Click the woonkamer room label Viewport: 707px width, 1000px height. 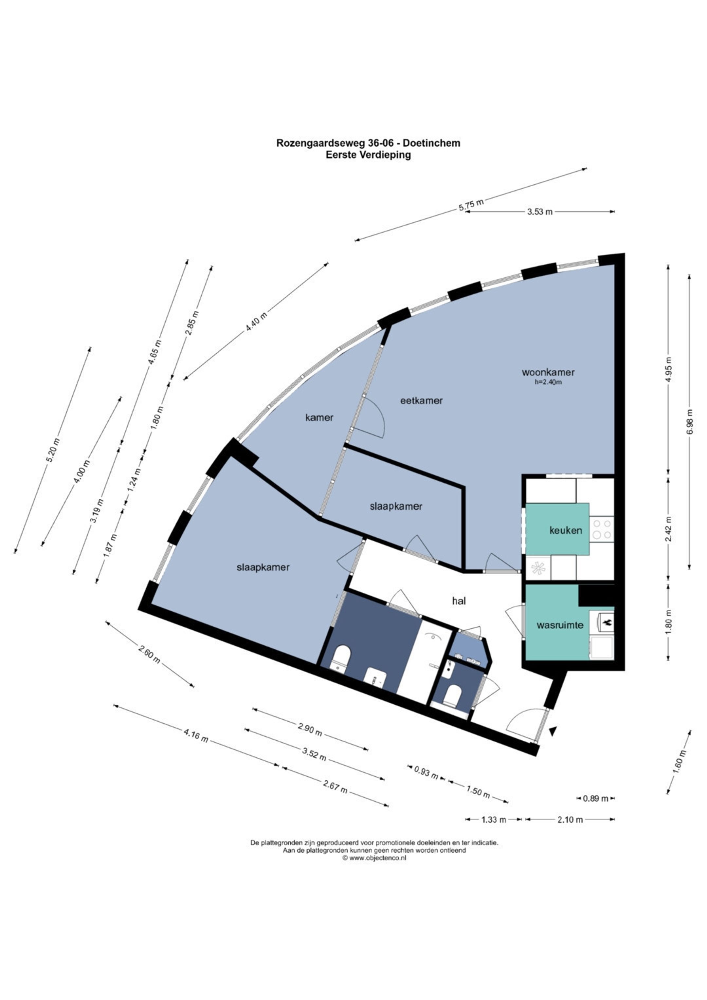pos(548,372)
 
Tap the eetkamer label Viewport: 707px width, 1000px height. pos(421,400)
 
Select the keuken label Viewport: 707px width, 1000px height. pos(566,530)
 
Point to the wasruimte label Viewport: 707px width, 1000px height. pos(560,625)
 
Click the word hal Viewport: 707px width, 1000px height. pos(459,601)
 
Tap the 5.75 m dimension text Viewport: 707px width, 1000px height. pos(471,205)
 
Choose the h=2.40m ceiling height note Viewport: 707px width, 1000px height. pos(548,382)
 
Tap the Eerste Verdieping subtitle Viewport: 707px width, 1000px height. pos(368,154)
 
